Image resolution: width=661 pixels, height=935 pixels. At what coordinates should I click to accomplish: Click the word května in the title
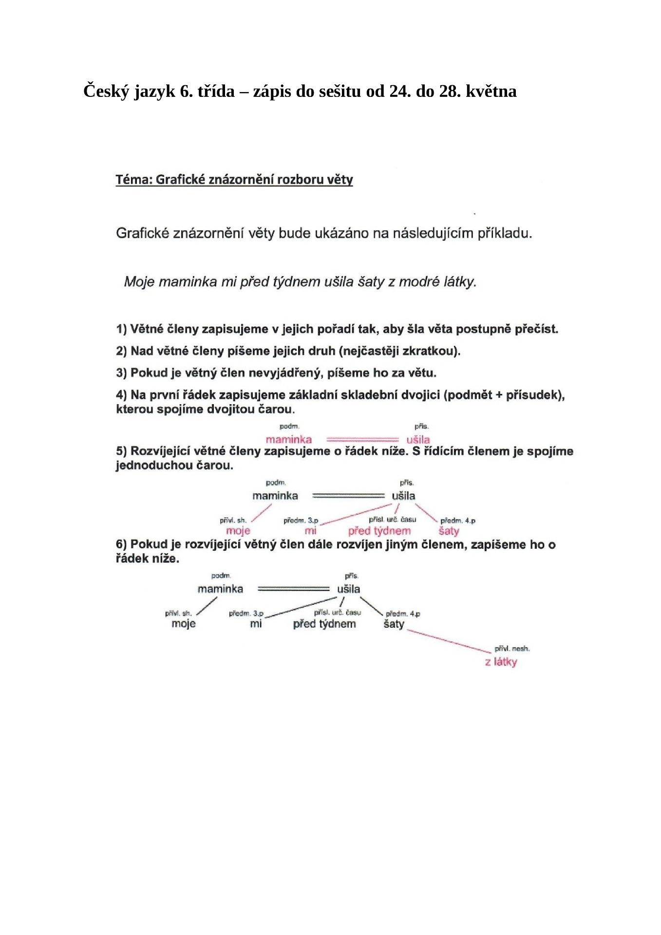491,91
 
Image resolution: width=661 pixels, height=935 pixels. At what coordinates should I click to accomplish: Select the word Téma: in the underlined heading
134,180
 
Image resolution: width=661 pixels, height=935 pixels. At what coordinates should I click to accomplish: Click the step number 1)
121,329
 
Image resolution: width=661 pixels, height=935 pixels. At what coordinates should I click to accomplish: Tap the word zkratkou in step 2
431,351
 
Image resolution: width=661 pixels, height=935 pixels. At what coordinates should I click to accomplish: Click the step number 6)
121,544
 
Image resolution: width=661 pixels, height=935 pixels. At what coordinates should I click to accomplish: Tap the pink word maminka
288,439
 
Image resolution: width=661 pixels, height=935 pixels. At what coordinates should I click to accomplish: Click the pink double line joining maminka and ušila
362,439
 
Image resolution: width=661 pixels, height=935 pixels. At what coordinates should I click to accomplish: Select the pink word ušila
418,439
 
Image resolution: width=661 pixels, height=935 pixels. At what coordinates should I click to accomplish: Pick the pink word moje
238,531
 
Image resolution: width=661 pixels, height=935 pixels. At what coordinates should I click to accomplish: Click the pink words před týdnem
379,531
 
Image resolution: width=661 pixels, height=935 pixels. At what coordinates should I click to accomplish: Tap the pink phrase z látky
501,662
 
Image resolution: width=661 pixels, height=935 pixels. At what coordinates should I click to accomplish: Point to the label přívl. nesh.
511,649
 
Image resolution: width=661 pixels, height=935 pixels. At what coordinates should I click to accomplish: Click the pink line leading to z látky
448,641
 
